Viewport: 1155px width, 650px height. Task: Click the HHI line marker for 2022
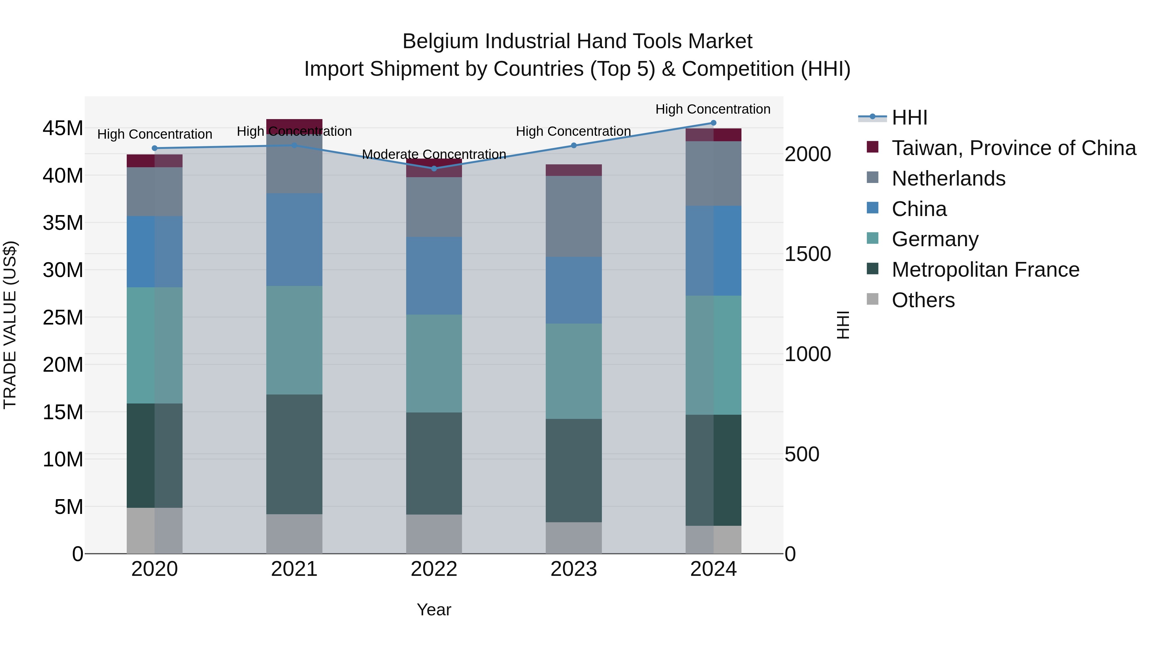[x=433, y=169]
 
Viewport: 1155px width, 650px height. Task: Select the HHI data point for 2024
[x=713, y=123]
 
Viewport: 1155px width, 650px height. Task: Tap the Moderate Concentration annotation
[x=433, y=154]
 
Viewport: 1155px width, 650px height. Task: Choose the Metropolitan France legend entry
[x=985, y=270]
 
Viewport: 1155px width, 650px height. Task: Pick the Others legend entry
[x=923, y=300]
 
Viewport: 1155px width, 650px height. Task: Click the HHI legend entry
[x=909, y=117]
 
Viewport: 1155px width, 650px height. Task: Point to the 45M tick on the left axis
[x=63, y=129]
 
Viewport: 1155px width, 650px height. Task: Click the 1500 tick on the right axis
[x=808, y=254]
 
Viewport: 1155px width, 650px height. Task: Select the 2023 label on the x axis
[x=573, y=569]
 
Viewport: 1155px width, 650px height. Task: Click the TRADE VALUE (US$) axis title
[x=10, y=325]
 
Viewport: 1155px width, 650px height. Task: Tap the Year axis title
[x=433, y=610]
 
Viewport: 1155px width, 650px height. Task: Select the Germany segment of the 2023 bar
[x=573, y=371]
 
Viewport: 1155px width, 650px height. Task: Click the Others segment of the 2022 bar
[x=433, y=534]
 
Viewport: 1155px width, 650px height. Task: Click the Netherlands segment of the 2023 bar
[x=573, y=216]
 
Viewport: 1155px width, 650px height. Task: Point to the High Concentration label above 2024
[x=713, y=109]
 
